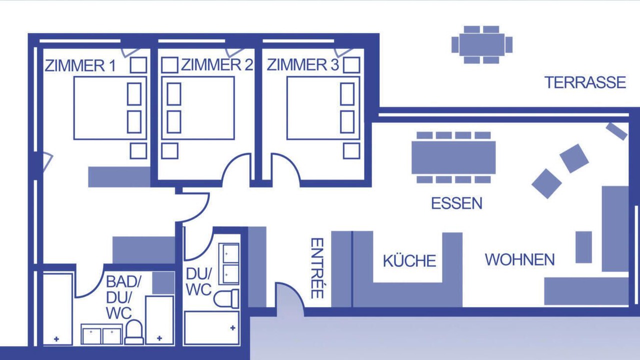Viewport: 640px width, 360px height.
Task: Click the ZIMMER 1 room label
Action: point(80,65)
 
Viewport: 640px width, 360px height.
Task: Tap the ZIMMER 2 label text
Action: point(217,64)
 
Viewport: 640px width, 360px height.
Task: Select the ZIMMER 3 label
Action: point(303,65)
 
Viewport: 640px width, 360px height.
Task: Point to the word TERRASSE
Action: point(585,82)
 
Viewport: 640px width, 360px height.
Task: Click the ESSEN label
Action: point(456,203)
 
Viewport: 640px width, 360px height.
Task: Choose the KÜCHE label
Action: point(409,260)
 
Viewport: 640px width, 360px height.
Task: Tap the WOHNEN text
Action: point(519,259)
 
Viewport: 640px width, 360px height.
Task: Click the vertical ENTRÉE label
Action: point(317,268)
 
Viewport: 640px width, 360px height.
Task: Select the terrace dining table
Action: point(482,44)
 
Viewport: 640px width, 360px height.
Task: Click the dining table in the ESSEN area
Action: point(453,157)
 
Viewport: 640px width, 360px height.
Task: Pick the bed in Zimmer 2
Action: point(197,108)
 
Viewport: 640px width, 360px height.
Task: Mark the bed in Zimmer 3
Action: point(323,108)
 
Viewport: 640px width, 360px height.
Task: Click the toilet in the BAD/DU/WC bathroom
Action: point(134,332)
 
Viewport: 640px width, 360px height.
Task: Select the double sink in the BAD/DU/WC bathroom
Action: point(101,334)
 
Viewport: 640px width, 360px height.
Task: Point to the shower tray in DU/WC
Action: point(211,328)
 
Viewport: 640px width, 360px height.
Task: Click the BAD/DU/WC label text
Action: point(123,297)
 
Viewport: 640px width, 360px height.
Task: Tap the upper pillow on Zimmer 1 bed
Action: point(134,94)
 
